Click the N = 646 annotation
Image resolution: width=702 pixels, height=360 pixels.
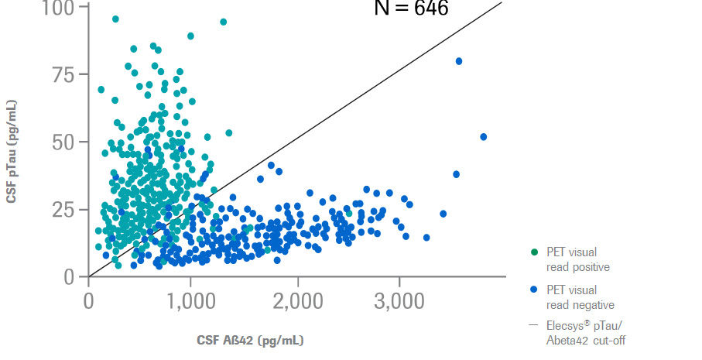click(411, 9)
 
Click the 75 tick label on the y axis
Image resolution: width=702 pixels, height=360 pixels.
click(65, 74)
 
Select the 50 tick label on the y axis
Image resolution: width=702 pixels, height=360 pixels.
click(65, 142)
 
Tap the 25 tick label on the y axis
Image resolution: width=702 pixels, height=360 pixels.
click(65, 209)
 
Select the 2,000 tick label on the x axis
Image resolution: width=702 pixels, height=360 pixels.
click(295, 300)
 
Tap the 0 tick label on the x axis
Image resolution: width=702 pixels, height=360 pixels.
click(88, 300)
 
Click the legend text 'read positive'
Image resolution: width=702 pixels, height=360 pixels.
click(577, 267)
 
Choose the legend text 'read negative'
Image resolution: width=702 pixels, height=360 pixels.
click(580, 306)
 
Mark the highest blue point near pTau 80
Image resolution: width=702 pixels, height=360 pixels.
click(459, 61)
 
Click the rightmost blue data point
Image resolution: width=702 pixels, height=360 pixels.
click(484, 137)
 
